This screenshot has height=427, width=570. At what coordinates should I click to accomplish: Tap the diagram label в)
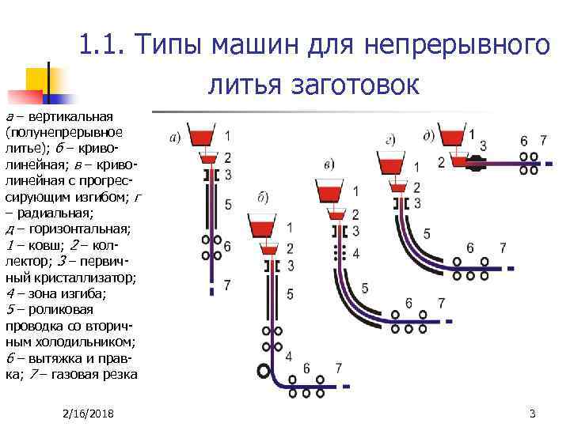point(329,164)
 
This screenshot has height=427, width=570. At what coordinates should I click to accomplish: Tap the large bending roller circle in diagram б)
point(262,370)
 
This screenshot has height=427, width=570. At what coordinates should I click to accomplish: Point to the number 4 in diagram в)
point(355,253)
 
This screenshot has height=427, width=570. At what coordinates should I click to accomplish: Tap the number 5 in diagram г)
point(427,233)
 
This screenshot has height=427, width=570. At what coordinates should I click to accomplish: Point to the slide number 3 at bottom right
point(532,414)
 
